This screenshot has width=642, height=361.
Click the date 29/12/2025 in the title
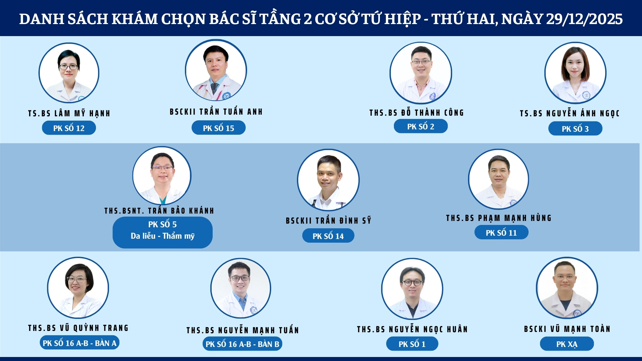click(x=584, y=19)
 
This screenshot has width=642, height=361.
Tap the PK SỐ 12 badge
click(x=69, y=128)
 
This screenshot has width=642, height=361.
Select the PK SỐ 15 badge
click(x=218, y=128)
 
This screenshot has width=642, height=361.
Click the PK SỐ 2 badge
click(x=421, y=126)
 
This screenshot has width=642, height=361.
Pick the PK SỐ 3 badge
click(x=575, y=129)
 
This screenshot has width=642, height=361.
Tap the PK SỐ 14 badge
click(x=328, y=236)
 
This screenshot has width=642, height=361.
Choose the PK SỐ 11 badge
click(x=501, y=233)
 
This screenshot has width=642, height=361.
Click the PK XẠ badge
click(x=567, y=344)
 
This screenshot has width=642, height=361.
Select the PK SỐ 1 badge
click(x=412, y=344)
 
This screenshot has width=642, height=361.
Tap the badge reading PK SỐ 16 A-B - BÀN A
click(x=80, y=343)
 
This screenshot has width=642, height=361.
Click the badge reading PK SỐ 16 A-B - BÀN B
click(x=242, y=344)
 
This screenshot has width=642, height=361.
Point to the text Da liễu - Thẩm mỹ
click(x=163, y=236)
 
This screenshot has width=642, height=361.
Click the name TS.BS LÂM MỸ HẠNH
click(x=69, y=113)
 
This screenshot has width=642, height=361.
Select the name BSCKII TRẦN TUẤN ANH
click(x=216, y=112)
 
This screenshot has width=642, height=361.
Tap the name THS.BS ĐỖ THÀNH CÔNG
click(x=417, y=113)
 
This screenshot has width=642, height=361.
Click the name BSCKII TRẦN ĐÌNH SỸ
click(x=328, y=220)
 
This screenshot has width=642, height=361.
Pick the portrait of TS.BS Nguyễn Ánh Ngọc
click(x=575, y=73)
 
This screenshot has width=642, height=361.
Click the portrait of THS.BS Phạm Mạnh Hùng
click(x=499, y=179)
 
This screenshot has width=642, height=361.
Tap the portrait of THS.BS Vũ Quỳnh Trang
click(x=78, y=288)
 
